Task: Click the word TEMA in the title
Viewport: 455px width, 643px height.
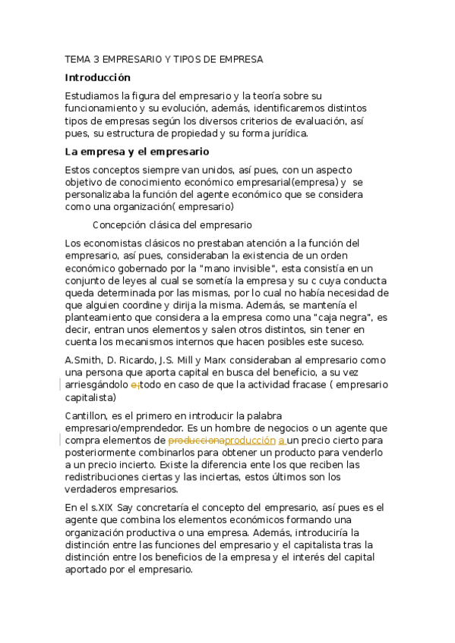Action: [x=77, y=58]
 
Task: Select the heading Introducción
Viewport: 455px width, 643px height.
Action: [x=98, y=77]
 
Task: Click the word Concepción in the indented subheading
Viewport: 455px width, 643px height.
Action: [x=118, y=224]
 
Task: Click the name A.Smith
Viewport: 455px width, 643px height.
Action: [x=84, y=360]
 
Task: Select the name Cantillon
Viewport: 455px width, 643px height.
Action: [x=87, y=416]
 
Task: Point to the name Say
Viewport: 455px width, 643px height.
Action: [x=125, y=507]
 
